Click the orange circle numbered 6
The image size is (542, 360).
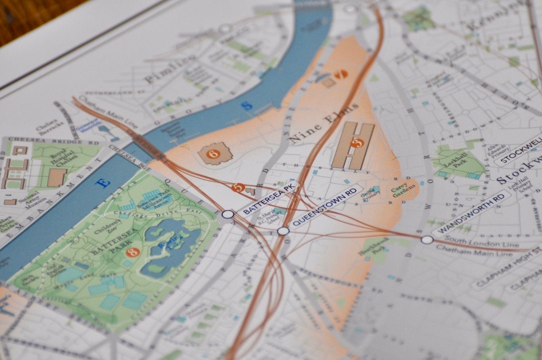213,154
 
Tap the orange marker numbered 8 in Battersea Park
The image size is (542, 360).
132,253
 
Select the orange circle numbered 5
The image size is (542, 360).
239,187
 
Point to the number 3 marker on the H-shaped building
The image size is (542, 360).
357,143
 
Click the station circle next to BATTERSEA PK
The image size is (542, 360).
228,214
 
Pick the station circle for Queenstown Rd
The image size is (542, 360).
283,231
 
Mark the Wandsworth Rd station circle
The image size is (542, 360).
427,240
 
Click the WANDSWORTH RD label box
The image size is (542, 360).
471,214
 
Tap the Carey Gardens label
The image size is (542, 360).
405,189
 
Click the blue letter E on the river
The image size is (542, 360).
103,183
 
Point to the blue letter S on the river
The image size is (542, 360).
245,106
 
